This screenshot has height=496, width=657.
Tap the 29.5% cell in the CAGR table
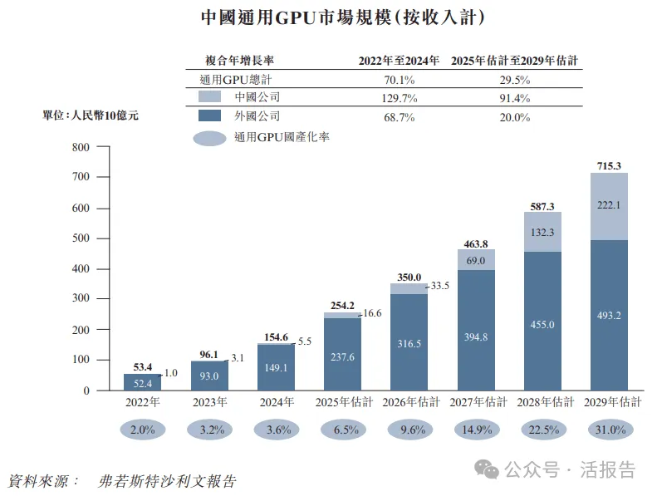tap(514, 81)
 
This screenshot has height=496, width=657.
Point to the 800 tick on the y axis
tap(80, 148)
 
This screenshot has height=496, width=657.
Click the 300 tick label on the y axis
tap(80, 299)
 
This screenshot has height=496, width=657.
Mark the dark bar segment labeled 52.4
tap(143, 382)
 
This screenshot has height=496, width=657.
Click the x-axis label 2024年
tap(277, 402)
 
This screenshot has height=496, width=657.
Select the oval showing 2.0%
tap(143, 430)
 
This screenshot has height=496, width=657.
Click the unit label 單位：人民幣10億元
tap(91, 116)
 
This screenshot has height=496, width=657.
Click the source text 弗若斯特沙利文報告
tap(164, 481)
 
